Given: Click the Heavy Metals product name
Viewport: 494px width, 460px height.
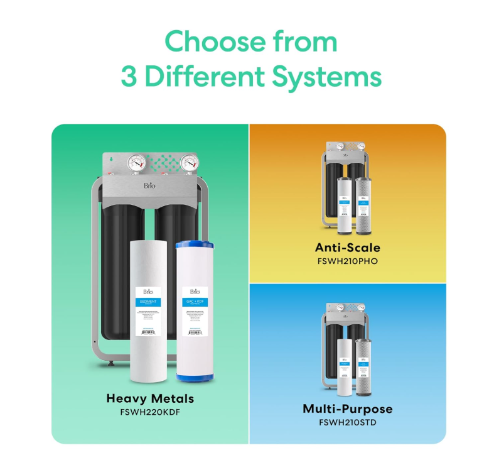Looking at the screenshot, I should (150, 398).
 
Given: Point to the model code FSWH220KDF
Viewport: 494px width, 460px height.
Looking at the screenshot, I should (150, 413).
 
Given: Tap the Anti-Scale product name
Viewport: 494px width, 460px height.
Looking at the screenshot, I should (347, 247).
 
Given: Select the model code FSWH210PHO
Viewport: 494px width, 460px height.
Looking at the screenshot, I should (347, 260).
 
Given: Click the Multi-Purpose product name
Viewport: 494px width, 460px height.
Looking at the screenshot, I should (347, 409).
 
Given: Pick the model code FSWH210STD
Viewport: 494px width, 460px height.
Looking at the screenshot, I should (347, 422).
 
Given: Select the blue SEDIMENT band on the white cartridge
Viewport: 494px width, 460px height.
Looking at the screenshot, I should (149, 302).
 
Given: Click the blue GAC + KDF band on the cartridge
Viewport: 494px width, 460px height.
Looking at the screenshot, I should (195, 303).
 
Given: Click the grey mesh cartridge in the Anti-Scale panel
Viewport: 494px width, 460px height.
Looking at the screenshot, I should (363, 202).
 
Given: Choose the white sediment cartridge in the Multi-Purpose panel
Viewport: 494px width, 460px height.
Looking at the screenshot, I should (344, 368).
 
